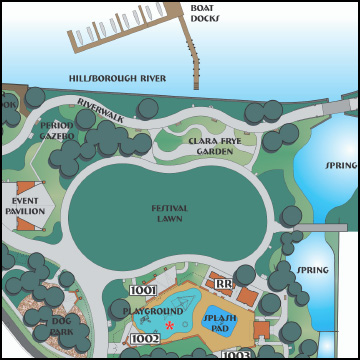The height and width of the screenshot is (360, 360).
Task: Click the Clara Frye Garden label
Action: click(217, 147)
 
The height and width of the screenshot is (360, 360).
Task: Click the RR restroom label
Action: click(224, 285)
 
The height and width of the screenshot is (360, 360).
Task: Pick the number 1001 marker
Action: click(144, 291)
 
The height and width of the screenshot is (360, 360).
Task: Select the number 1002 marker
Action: click(145, 340)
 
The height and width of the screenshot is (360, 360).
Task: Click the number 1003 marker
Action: click(236, 355)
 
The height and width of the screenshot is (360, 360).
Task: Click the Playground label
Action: click(153, 312)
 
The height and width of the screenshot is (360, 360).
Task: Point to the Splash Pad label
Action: click(220, 323)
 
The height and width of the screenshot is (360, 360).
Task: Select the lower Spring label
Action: click(313, 270)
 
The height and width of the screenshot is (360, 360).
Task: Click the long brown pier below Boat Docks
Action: click(193, 50)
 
